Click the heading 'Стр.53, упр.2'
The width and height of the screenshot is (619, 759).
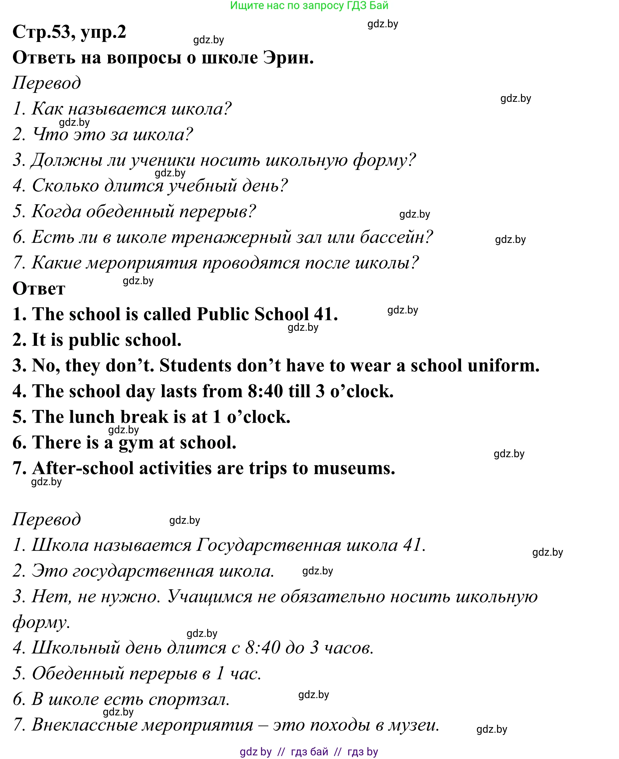[69, 32]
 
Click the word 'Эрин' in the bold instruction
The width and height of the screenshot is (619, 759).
[288, 58]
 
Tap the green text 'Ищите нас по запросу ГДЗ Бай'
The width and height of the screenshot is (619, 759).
[309, 6]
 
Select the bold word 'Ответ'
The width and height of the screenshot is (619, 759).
[39, 289]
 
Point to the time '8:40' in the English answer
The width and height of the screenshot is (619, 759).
[265, 391]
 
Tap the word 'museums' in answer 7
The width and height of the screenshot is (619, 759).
[354, 469]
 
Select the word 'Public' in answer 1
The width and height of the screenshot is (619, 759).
[223, 314]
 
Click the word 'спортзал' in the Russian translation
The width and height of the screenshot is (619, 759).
[188, 699]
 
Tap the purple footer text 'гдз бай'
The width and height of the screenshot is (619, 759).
[309, 751]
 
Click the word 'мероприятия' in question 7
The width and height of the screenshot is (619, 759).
[142, 263]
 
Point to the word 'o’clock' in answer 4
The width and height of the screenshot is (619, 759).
[362, 391]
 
